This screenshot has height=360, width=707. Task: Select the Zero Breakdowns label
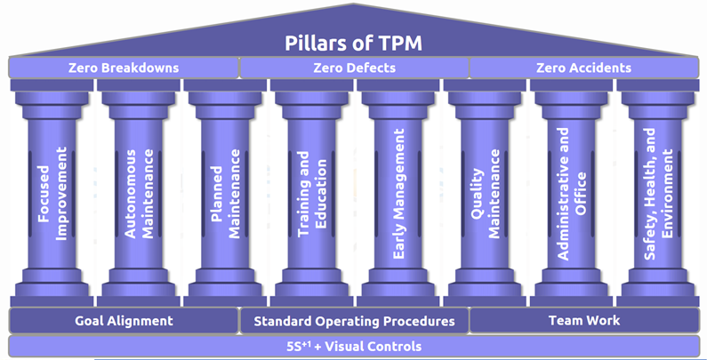[x=124, y=68]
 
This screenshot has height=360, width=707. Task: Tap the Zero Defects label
[x=354, y=68]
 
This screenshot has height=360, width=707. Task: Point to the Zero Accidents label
[x=583, y=68]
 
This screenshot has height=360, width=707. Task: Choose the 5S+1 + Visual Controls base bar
[x=354, y=346]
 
